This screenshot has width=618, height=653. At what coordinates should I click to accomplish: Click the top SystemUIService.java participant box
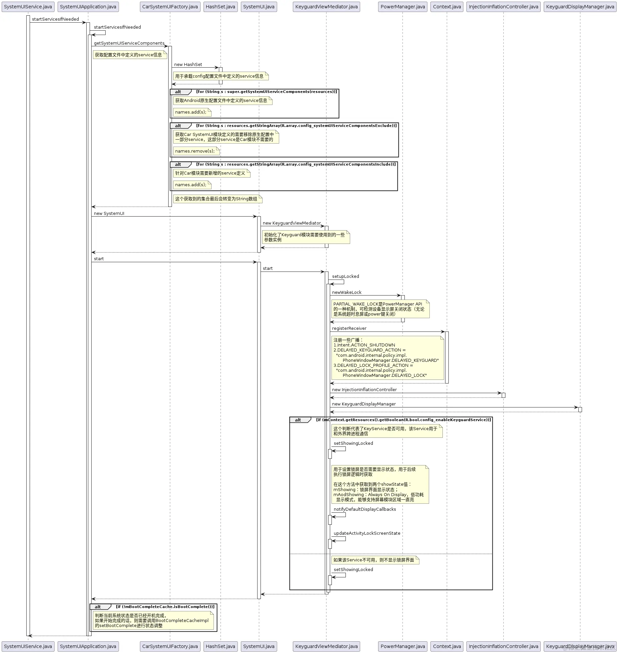click(x=28, y=7)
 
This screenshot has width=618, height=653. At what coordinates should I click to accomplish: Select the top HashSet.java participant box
click(x=220, y=7)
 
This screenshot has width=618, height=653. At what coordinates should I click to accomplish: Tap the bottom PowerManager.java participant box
click(x=402, y=646)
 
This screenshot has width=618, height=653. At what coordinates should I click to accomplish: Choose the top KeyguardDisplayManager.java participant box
click(x=580, y=7)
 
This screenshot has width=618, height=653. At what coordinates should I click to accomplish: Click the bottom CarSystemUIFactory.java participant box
click(x=170, y=646)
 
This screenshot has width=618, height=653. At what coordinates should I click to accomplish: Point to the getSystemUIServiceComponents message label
click(x=129, y=43)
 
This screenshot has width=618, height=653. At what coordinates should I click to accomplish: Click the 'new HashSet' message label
click(x=188, y=65)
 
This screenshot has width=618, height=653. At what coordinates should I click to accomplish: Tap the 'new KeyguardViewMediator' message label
click(x=292, y=223)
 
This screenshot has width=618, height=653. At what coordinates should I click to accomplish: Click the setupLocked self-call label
click(x=345, y=277)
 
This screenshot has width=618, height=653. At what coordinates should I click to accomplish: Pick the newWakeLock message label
click(x=346, y=293)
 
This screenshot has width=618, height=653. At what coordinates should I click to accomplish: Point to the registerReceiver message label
click(x=349, y=328)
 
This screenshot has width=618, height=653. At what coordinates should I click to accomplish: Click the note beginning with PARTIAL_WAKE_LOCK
click(x=380, y=309)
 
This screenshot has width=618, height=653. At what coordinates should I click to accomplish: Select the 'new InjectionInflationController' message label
click(x=364, y=390)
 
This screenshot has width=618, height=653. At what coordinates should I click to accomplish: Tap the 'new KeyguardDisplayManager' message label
click(x=364, y=404)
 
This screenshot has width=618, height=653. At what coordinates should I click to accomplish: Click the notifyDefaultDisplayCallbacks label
click(x=365, y=509)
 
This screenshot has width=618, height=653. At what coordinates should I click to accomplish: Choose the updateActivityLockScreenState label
click(x=367, y=533)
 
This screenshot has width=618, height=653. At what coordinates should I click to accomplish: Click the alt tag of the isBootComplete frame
click(x=98, y=607)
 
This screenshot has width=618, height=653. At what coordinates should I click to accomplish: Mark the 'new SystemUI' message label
click(x=109, y=214)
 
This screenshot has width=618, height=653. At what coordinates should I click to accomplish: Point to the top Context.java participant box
click(x=447, y=7)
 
